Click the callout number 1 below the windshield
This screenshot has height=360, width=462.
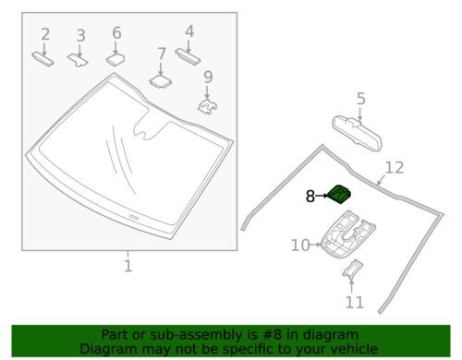click(128, 266)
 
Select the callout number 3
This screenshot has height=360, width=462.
click(80, 35)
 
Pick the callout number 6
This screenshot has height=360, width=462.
click(116, 32)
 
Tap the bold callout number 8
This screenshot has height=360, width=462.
click(311, 196)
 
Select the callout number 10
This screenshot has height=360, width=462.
click(298, 245)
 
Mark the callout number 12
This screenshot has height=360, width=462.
click(395, 167)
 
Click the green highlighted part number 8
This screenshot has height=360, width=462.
click(342, 193)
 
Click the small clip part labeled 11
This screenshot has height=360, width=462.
click(352, 273)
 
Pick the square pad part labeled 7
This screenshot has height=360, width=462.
click(162, 80)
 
